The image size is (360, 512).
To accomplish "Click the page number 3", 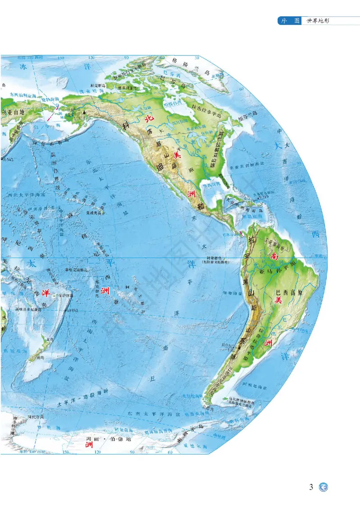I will click(x=311, y=487).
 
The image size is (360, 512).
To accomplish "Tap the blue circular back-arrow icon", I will click(x=323, y=487).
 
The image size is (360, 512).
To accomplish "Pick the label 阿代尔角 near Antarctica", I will click(x=36, y=418).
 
